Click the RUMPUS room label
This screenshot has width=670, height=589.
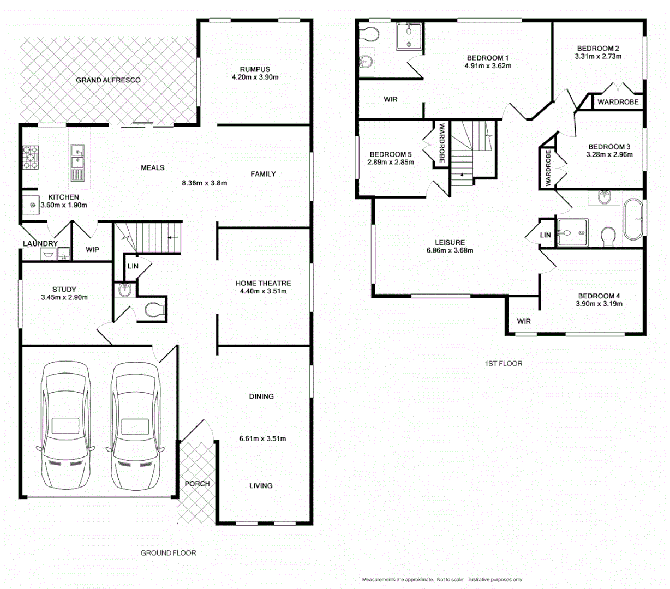[x=255, y=69]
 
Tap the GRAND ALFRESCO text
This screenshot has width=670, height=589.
[x=108, y=80]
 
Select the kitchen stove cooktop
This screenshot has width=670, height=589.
[x=30, y=158]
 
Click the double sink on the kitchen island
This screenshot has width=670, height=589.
[x=77, y=155]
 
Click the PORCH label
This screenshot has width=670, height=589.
[x=197, y=484]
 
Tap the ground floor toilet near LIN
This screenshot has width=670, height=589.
[x=154, y=310]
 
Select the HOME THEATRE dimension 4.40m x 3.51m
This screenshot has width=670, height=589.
[x=263, y=291]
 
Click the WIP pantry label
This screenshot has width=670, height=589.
[x=93, y=249]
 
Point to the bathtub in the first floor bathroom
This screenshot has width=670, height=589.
[x=633, y=220]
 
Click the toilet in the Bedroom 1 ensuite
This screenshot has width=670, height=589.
[x=370, y=34]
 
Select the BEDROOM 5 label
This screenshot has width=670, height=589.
[x=391, y=154]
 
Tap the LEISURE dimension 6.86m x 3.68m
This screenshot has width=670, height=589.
[x=450, y=251]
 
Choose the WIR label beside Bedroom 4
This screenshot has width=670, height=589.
[x=524, y=321]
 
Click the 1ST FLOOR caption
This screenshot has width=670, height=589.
[x=503, y=363]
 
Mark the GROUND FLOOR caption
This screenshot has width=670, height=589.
[x=168, y=553]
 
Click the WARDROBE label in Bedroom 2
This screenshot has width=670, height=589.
[x=618, y=102]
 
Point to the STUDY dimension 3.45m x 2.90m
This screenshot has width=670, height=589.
[x=64, y=298]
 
